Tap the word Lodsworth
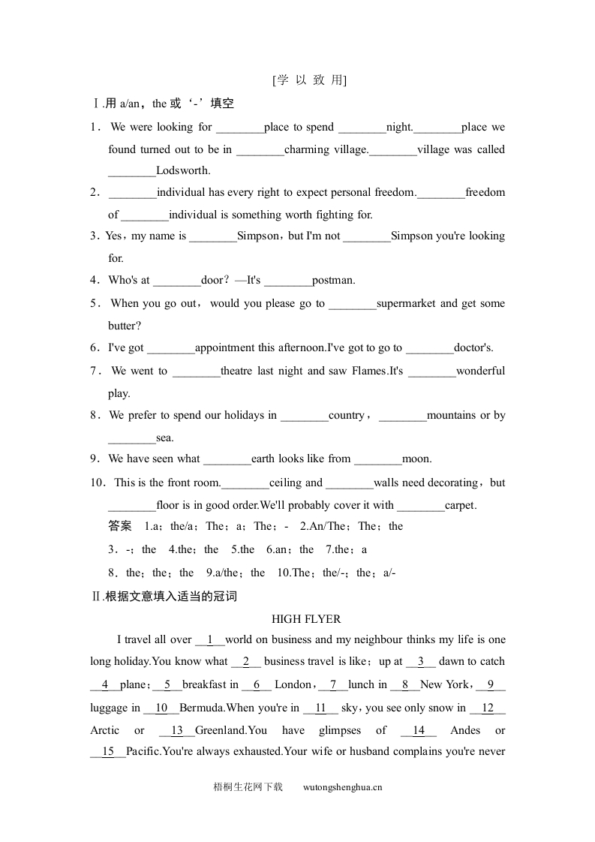183,170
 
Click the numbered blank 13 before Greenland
177,730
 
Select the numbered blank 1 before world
210,640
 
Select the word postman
334,281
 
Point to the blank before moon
377,459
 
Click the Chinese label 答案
120,526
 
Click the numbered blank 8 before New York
405,684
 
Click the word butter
125,326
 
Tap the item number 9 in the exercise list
95,459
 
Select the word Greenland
220,730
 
